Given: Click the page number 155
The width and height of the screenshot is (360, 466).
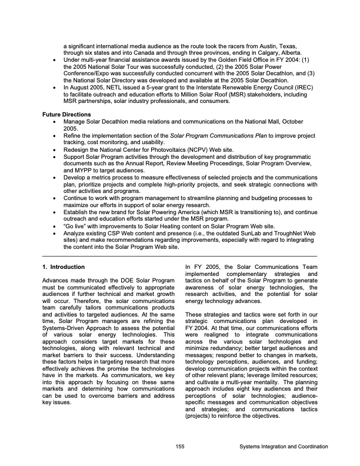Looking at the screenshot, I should point(179,448).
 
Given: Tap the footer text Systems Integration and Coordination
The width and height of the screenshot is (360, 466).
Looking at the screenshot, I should point(279,448).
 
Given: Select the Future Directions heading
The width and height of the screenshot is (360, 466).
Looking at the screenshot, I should point(66,114).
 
